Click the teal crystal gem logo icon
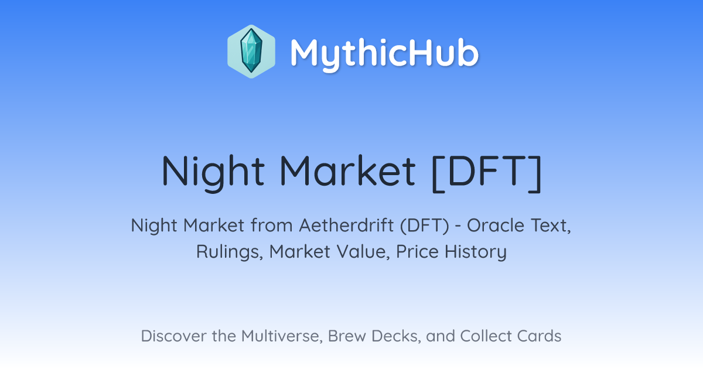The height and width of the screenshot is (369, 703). pyautogui.click(x=251, y=52)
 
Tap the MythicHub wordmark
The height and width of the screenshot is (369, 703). pyautogui.click(x=384, y=54)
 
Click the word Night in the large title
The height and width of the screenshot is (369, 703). pyautogui.click(x=213, y=172)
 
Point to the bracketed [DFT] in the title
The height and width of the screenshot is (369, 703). pyautogui.click(x=486, y=172)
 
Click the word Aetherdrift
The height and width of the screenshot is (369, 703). pyautogui.click(x=346, y=225)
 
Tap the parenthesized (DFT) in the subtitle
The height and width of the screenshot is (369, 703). pyautogui.click(x=425, y=225)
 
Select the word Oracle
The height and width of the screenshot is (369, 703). pyautogui.click(x=496, y=225)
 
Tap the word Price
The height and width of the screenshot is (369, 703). pyautogui.click(x=417, y=251)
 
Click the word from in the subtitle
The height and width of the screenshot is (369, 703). pyautogui.click(x=272, y=225)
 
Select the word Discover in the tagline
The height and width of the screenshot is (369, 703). pyautogui.click(x=174, y=336)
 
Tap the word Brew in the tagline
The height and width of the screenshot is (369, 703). pyautogui.click(x=347, y=336)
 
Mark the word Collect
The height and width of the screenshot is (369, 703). pyautogui.click(x=486, y=336)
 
